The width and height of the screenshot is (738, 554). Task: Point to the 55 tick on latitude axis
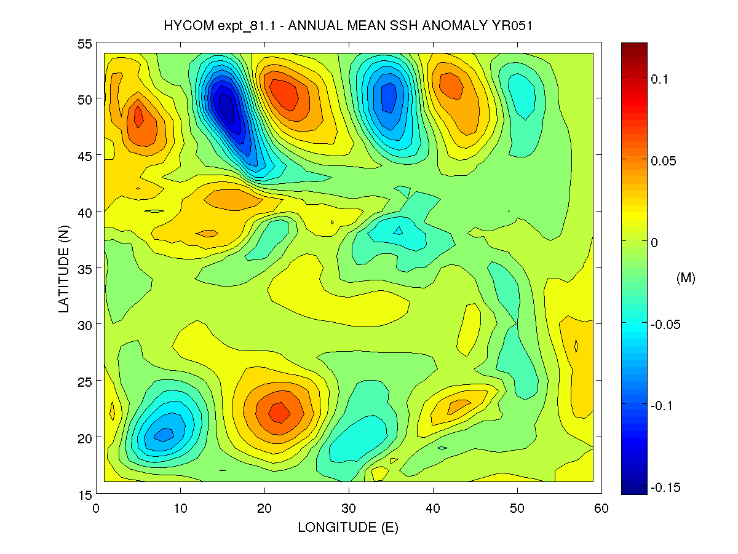click(x=85, y=44)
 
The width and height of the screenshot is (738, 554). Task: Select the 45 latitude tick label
click(x=85, y=156)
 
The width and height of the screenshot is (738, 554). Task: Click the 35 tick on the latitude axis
click(x=85, y=269)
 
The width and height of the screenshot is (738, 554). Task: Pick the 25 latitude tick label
click(x=85, y=381)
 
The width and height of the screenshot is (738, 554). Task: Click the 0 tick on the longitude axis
click(x=97, y=508)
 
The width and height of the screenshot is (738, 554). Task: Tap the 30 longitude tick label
click(x=349, y=508)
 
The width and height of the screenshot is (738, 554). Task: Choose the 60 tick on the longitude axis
click(x=601, y=508)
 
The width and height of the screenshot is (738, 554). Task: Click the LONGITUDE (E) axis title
click(x=348, y=528)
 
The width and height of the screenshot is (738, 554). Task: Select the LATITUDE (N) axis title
click(x=65, y=269)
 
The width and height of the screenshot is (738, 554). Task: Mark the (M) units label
click(x=685, y=278)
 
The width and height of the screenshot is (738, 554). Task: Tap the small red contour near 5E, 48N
click(x=138, y=115)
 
